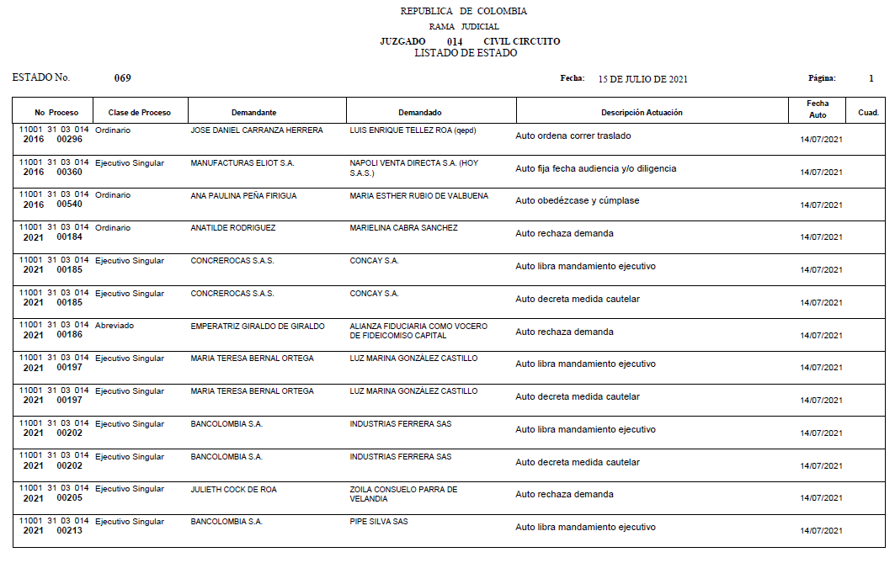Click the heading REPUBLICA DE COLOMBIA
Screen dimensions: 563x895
point(464,12)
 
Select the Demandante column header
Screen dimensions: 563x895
point(253,113)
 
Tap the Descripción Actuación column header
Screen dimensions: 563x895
point(642,113)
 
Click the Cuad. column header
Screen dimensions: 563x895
point(868,113)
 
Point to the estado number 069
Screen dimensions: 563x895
point(123,78)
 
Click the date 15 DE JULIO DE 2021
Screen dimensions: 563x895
point(642,79)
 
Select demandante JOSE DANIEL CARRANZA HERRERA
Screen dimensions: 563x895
point(257,130)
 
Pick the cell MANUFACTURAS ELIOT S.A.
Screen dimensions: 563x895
point(242,162)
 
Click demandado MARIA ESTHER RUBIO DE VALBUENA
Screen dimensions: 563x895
point(418,196)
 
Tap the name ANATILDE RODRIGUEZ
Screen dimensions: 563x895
point(233,228)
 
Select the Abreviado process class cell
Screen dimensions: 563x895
point(115,326)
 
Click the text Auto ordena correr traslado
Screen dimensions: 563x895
point(573,135)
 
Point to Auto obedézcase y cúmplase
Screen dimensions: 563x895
point(577,201)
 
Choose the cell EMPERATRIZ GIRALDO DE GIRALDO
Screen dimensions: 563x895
point(257,326)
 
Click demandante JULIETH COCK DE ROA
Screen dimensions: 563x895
point(233,489)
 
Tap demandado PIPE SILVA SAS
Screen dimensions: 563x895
point(379,522)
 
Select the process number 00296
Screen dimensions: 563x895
point(70,140)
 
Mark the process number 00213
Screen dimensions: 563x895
point(70,531)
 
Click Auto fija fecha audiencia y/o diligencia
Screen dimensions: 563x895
point(595,168)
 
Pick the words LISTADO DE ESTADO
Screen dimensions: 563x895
point(466,53)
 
